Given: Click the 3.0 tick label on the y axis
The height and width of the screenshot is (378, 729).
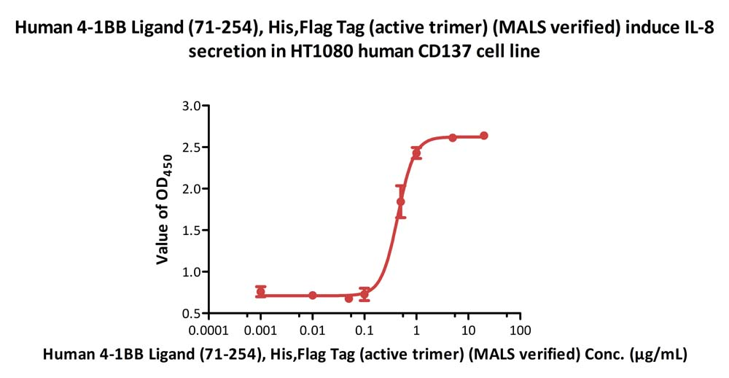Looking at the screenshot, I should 191,106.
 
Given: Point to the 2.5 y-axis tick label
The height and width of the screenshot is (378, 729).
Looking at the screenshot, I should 191,147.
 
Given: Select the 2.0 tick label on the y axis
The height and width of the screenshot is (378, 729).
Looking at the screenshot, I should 191,189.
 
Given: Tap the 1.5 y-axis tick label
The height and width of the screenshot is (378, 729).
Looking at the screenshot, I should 191,231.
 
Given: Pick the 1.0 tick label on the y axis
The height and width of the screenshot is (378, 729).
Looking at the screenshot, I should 191,272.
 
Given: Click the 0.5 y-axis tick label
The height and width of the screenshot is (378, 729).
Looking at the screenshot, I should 191,314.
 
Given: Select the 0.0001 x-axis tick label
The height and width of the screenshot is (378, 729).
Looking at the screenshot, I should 208,331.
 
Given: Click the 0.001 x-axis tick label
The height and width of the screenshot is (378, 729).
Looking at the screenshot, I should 261,331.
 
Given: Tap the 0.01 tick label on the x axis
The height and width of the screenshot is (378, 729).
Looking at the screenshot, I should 313,331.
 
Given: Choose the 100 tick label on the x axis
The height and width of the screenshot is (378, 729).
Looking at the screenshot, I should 520,331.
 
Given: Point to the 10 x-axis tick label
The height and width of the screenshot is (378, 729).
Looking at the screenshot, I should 468,331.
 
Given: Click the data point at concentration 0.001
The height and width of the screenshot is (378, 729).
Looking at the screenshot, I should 261,292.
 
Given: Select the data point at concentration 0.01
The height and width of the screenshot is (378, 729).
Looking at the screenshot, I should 313,296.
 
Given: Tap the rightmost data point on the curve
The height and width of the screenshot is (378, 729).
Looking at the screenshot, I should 484,136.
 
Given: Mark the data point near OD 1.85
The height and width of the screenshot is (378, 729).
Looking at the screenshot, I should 400,201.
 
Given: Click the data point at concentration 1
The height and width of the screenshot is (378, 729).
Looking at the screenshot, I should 416,153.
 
